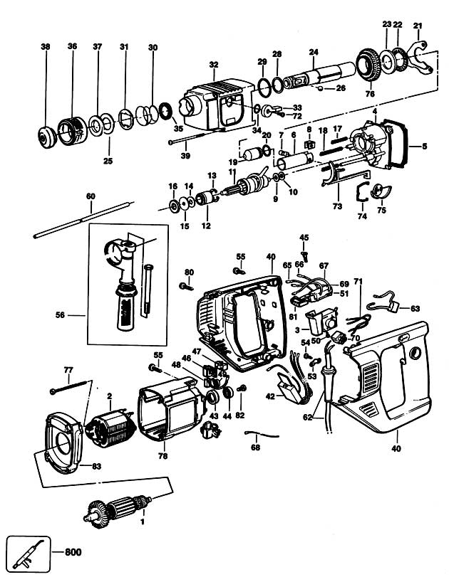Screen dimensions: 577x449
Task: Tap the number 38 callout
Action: point(46,47)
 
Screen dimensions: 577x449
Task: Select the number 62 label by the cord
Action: point(307,418)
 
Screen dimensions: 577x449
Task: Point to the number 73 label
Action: point(337,206)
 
